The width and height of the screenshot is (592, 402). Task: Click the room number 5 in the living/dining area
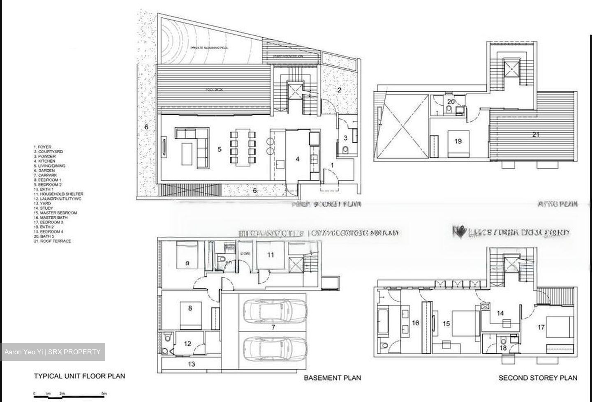220,149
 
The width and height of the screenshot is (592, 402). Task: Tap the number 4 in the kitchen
298,158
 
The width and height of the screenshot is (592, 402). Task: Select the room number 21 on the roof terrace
536,134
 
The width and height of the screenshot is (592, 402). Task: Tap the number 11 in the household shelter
270,255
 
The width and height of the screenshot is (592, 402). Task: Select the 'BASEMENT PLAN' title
332,378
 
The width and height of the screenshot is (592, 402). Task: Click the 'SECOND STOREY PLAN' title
537,378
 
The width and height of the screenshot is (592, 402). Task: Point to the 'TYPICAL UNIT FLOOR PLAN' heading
79,376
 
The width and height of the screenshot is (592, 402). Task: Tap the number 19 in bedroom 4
458,141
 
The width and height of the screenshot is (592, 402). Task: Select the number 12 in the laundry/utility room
187,344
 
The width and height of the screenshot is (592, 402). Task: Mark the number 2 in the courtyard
340,90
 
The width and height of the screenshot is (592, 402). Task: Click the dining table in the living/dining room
242,148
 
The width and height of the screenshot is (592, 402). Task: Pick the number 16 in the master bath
416,323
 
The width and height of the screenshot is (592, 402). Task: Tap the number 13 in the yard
191,364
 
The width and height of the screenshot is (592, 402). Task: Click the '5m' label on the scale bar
104,394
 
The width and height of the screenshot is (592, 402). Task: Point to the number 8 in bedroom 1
190,308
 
